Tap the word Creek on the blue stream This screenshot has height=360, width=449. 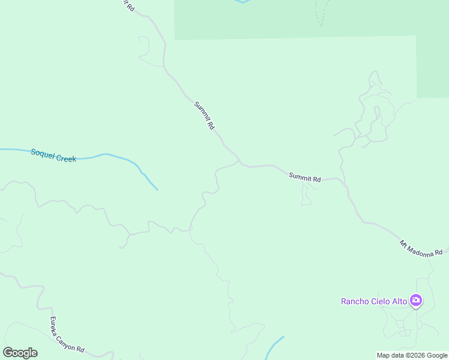click(x=65, y=158)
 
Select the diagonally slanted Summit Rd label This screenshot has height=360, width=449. click(x=204, y=116)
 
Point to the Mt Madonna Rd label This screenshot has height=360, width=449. click(x=421, y=248)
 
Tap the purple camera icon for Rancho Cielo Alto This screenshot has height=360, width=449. click(x=415, y=301)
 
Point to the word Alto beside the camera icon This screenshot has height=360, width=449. click(x=400, y=301)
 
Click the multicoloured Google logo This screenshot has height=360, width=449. click(x=20, y=353)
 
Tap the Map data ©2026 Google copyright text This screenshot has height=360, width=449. click(x=412, y=355)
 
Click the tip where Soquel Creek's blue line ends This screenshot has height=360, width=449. click(x=157, y=190)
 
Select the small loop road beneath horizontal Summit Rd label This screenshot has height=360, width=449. click(x=306, y=196)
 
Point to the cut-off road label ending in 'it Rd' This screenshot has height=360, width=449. click(x=128, y=5)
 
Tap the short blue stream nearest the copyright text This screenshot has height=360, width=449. click(x=275, y=346)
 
